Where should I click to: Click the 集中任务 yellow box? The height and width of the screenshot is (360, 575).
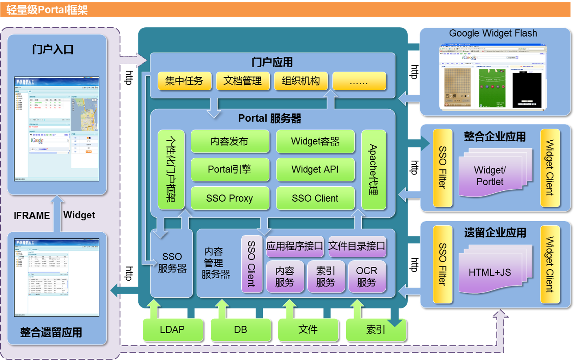click(x=184, y=81)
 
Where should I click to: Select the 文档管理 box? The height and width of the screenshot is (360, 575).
click(x=243, y=81)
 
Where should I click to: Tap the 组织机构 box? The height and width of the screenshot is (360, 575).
click(x=301, y=81)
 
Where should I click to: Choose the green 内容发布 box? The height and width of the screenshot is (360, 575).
click(x=230, y=141)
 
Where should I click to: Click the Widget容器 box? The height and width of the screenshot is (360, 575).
click(x=315, y=141)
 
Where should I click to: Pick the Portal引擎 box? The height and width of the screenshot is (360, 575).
click(x=230, y=169)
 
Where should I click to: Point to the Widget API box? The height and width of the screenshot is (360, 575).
click(x=315, y=169)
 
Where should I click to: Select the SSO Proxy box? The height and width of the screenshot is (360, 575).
click(x=230, y=198)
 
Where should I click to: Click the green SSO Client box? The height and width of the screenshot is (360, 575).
click(x=315, y=198)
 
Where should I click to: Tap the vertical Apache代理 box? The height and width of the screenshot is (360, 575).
click(x=373, y=170)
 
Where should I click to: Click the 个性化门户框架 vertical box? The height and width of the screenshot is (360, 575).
click(x=171, y=170)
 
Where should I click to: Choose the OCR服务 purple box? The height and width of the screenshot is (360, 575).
click(x=367, y=277)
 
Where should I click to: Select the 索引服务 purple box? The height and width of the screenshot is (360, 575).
click(x=326, y=277)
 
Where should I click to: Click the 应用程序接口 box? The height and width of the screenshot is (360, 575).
click(x=294, y=246)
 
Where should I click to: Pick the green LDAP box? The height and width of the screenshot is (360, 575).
click(x=172, y=329)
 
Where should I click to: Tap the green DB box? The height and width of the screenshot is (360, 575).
click(x=240, y=329)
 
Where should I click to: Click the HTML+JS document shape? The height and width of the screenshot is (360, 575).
click(x=490, y=272)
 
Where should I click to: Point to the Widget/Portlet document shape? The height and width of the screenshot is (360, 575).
click(x=490, y=176)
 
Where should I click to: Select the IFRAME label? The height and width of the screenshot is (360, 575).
click(x=32, y=216)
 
